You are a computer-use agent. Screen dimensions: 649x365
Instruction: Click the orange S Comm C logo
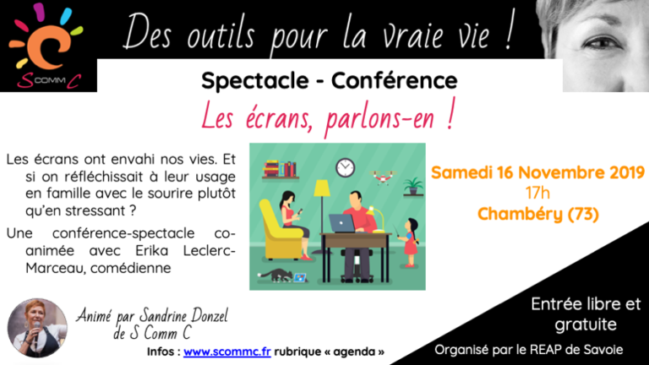click(46, 46)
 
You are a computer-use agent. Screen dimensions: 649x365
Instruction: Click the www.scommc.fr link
click(226, 351)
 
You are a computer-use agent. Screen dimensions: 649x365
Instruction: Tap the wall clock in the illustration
click(345, 168)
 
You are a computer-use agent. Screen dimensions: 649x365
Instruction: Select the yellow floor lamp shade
click(322, 188)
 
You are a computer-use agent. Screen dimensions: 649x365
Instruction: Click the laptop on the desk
click(342, 223)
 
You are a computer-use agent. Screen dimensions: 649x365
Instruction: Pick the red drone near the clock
click(382, 177)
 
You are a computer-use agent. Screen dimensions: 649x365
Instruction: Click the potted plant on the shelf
click(413, 185)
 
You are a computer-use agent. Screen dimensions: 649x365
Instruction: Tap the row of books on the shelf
click(280, 169)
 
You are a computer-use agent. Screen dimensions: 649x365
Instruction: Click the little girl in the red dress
click(409, 242)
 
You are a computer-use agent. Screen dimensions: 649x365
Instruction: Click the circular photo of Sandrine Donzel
click(37, 328)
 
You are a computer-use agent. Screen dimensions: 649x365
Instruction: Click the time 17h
click(537, 193)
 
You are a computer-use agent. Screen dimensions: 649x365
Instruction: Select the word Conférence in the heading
click(394, 81)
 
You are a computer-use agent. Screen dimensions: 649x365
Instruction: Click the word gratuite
click(586, 324)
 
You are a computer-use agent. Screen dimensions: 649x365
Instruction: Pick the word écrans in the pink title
click(279, 118)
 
